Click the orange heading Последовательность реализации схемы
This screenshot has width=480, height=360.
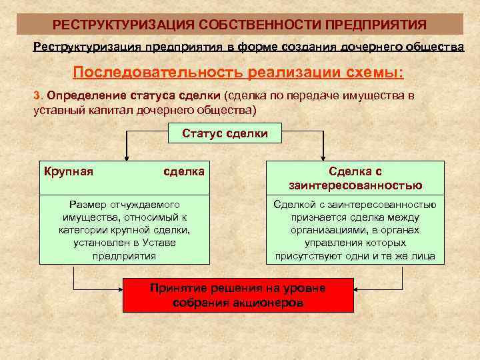(x=238, y=72)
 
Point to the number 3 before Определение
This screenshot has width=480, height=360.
(x=37, y=95)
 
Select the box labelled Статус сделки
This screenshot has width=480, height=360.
(x=225, y=133)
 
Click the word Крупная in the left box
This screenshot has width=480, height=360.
(x=68, y=171)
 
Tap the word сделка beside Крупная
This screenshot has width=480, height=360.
(x=184, y=171)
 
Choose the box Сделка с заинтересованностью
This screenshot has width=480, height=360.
(x=355, y=178)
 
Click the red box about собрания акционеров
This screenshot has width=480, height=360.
(x=238, y=295)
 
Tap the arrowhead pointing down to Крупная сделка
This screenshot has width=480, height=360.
(x=125, y=157)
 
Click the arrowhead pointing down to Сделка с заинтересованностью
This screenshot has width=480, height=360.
(x=324, y=157)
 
